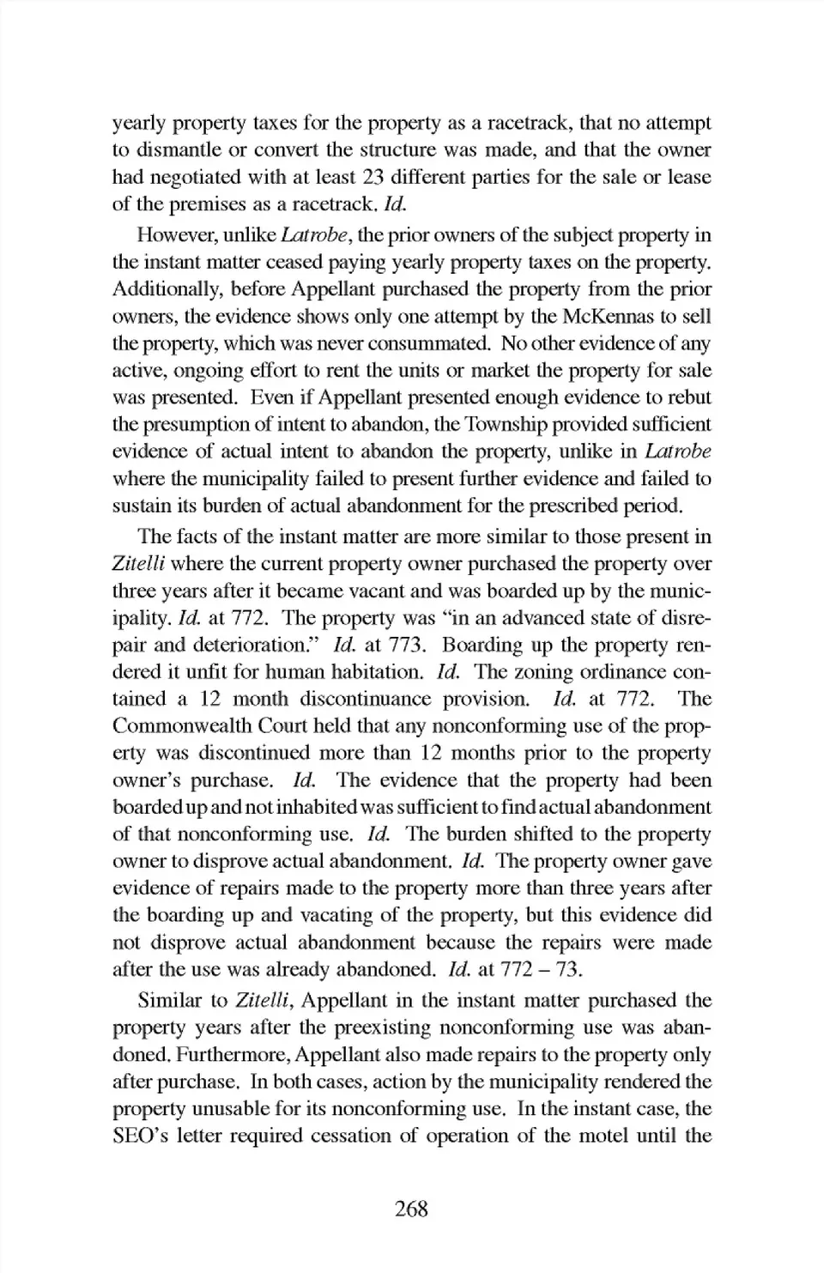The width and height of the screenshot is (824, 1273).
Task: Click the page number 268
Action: [411, 1209]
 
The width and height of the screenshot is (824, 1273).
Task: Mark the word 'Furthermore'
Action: [233, 1055]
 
